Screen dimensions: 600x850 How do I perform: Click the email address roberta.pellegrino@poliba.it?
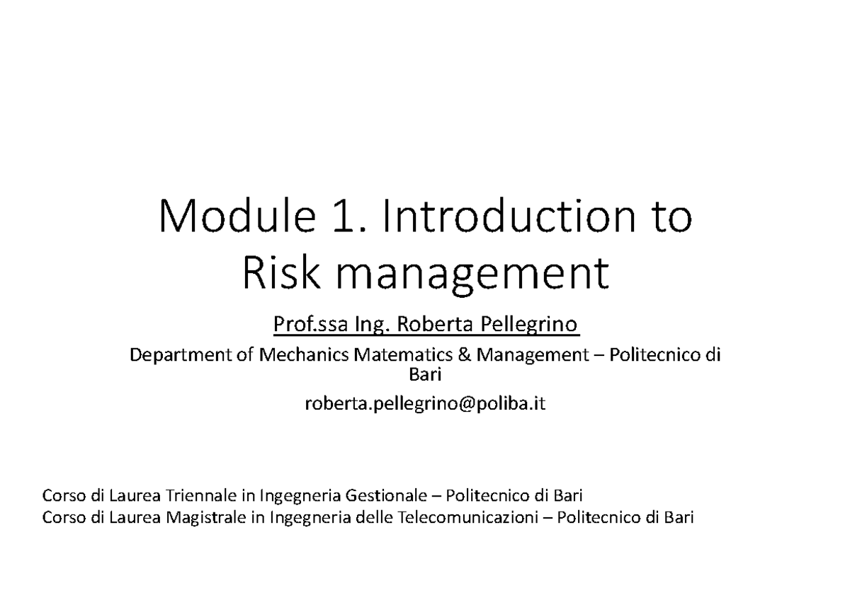425,404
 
